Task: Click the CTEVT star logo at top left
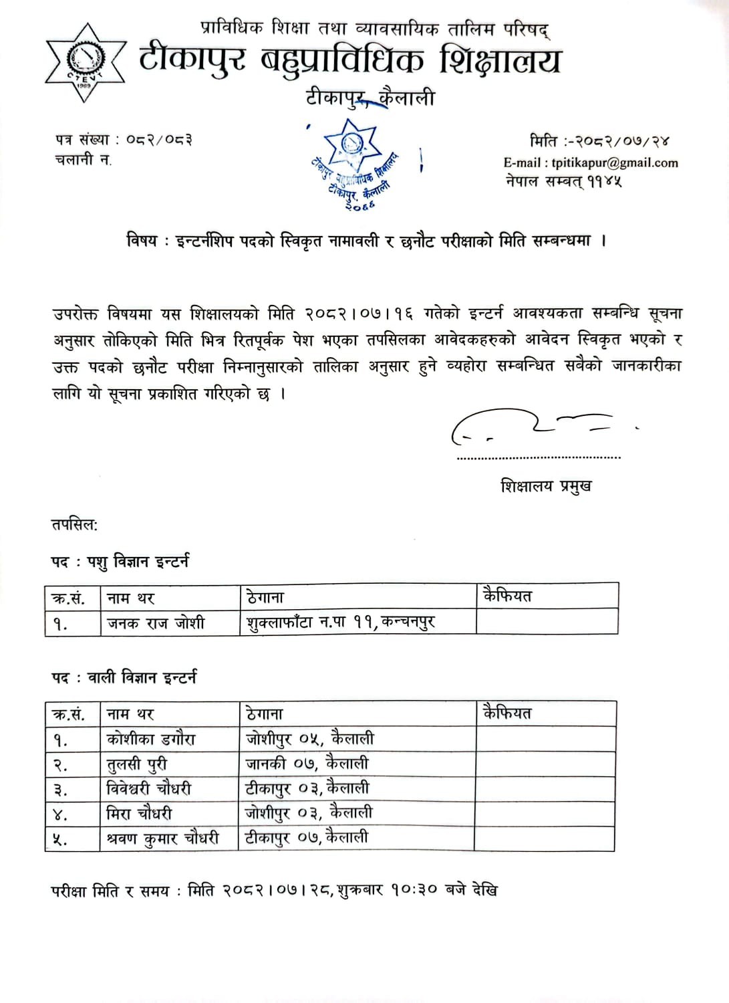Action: click(85, 63)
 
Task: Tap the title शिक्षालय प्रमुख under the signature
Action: click(545, 486)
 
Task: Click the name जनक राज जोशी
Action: click(156, 623)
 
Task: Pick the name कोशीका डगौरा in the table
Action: click(151, 739)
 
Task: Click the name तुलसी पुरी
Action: click(137, 764)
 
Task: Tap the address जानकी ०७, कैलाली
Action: click(307, 763)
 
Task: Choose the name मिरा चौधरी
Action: click(139, 813)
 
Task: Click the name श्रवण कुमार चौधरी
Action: click(162, 838)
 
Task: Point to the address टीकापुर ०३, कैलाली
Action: click(307, 788)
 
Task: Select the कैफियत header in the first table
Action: click(507, 595)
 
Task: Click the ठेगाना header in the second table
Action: click(265, 713)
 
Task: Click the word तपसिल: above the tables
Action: click(75, 524)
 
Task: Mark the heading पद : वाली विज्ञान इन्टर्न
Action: click(124, 677)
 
